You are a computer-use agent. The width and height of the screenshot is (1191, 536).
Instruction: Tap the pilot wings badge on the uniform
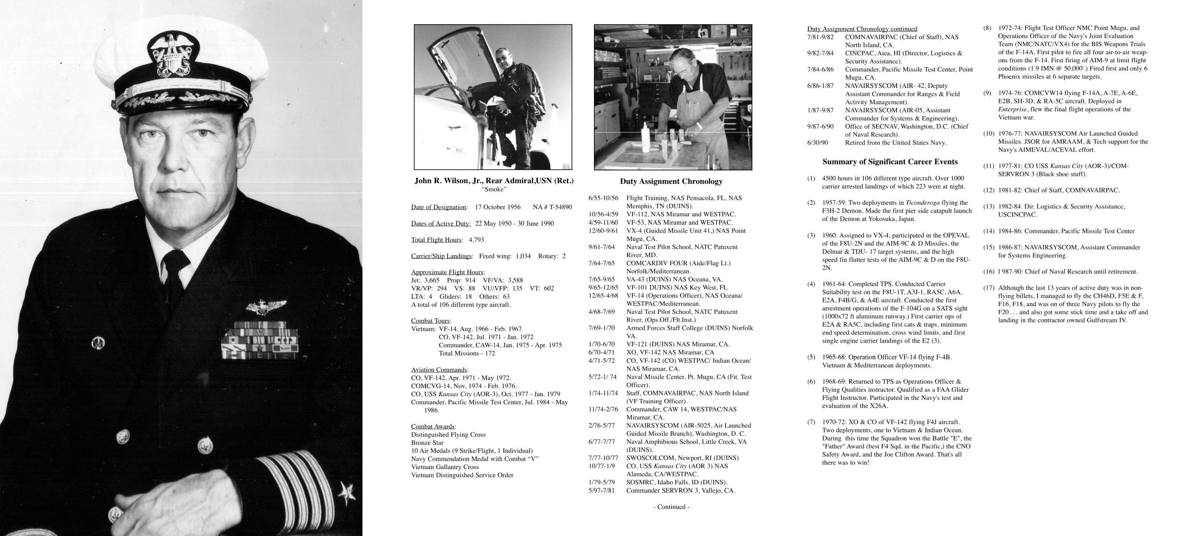pyautogui.click(x=266, y=306)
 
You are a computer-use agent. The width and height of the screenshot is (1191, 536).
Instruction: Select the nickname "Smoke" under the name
pyautogui.click(x=494, y=189)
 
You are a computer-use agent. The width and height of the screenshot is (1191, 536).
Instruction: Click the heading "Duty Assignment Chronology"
pyautogui.click(x=671, y=181)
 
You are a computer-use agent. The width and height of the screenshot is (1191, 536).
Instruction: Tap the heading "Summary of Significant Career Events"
pyautogui.click(x=889, y=162)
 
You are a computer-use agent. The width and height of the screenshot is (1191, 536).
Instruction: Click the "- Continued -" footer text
pyautogui.click(x=671, y=507)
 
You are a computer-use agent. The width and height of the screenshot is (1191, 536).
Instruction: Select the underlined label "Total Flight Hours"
pyautogui.click(x=436, y=240)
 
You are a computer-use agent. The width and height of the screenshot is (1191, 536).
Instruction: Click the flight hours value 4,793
pyautogui.click(x=476, y=240)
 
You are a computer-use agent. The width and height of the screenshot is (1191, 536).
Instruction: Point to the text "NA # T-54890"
pyautogui.click(x=552, y=207)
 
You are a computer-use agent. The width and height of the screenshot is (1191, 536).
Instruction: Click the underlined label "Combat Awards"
pyautogui.click(x=433, y=427)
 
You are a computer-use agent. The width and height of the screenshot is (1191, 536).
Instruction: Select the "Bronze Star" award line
pyautogui.click(x=427, y=443)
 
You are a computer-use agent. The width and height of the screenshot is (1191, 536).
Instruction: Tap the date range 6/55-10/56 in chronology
pyautogui.click(x=603, y=198)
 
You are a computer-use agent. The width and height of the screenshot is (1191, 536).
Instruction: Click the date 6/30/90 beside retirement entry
pyautogui.click(x=818, y=143)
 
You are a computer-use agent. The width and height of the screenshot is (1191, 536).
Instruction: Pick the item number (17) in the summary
pyautogui.click(x=988, y=288)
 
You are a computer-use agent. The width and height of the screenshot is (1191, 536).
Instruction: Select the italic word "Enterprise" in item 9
pyautogui.click(x=1012, y=109)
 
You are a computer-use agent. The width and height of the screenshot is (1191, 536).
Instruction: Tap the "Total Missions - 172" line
pyautogui.click(x=467, y=354)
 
